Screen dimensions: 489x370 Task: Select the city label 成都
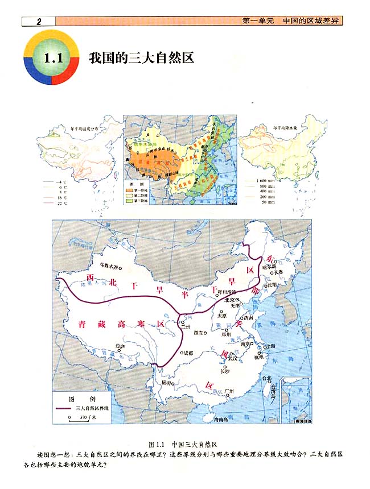tap(188, 353)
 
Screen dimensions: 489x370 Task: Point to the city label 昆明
tap(166, 383)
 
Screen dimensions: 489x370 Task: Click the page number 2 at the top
tap(38, 22)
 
